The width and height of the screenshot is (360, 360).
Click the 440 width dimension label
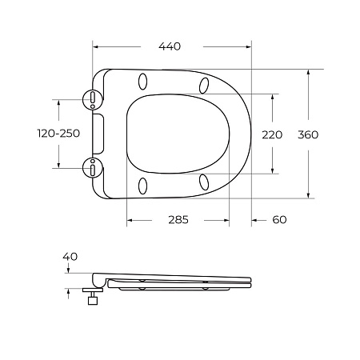pos(169,46)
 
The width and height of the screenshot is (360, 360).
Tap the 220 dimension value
pos(273,134)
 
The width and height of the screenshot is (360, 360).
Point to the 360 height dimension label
pos(308,134)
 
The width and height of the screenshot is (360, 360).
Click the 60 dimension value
pos(278,220)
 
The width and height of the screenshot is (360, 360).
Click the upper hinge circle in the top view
pos(94,99)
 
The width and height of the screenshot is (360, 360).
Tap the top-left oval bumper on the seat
pos(144,82)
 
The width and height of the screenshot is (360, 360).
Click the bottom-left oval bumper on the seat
pos(144,186)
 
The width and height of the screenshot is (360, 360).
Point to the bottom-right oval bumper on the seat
pos(205,182)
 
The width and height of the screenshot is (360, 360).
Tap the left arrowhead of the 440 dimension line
pos(97,46)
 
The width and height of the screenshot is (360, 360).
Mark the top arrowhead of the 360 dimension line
pos(309,72)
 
